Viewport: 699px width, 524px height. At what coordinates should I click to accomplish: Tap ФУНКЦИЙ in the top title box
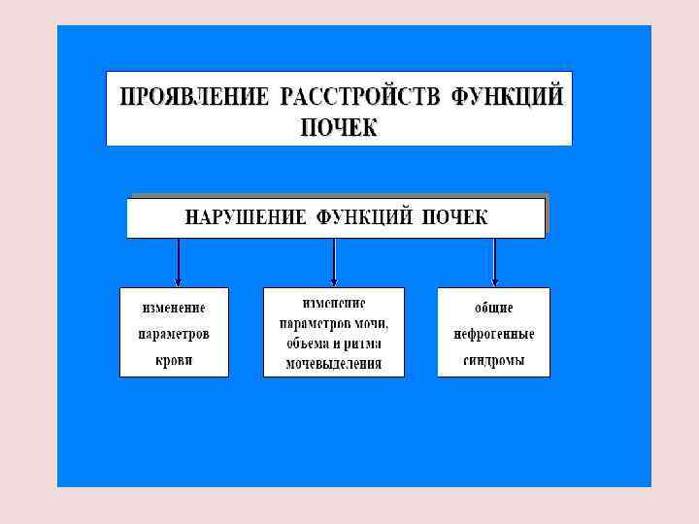tap(508, 97)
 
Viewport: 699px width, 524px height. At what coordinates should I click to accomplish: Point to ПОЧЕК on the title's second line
tap(339, 126)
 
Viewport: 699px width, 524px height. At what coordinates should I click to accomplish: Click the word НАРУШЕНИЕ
tap(247, 217)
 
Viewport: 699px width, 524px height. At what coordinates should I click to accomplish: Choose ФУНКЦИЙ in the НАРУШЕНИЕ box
tap(367, 217)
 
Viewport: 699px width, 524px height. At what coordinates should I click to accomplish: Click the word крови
tap(174, 360)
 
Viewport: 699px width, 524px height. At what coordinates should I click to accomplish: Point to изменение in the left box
tap(174, 308)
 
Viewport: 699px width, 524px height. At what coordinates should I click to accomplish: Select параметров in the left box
tap(174, 334)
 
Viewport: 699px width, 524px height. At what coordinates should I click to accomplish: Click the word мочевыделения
tap(333, 365)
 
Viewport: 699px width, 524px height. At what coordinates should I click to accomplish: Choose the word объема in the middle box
tap(306, 344)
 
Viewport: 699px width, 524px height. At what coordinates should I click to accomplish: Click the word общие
tap(493, 308)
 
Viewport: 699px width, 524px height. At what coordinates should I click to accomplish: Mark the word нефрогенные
tap(493, 334)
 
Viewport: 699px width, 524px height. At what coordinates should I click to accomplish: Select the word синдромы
tap(493, 360)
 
